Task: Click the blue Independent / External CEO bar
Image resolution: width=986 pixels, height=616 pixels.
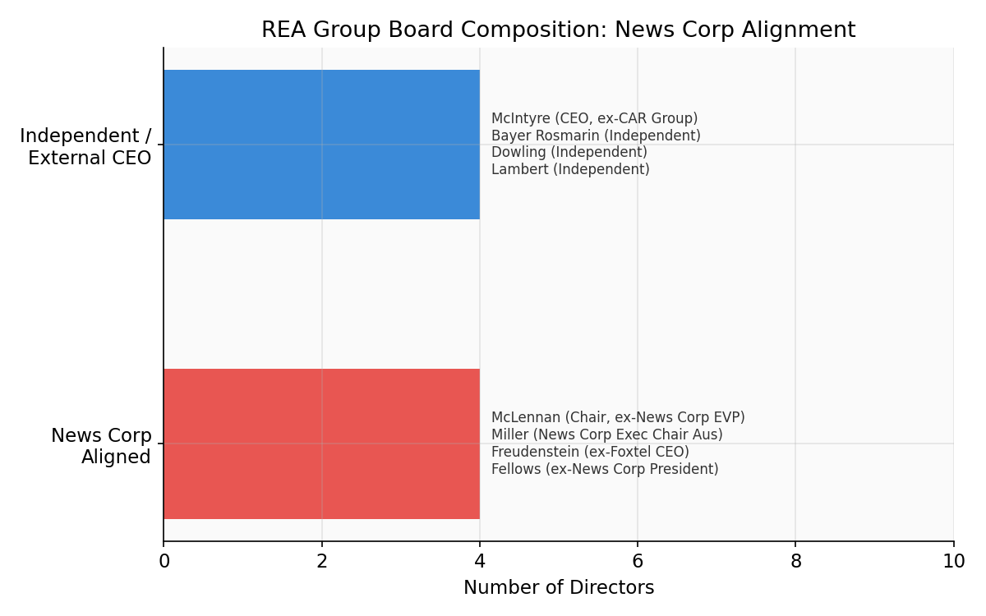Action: click(321, 145)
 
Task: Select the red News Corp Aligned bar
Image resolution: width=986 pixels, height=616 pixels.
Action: click(321, 444)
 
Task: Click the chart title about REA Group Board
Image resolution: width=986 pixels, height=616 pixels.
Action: click(558, 30)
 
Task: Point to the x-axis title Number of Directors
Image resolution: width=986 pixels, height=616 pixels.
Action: click(559, 588)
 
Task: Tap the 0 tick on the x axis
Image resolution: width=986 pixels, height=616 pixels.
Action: click(164, 562)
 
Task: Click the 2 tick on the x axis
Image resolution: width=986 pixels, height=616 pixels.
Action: click(322, 562)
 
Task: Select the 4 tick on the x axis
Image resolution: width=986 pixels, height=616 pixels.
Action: click(480, 562)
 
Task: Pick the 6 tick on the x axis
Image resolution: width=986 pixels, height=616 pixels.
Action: click(638, 562)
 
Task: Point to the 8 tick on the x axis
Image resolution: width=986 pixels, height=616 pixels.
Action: click(795, 562)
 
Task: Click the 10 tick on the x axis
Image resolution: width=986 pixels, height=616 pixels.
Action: click(953, 562)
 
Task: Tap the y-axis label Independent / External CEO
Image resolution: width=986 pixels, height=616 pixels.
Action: click(85, 147)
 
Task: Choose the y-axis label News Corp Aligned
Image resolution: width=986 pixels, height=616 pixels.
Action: click(101, 446)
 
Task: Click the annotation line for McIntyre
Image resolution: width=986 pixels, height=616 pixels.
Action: click(594, 119)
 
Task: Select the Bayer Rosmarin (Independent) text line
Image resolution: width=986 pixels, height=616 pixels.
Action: click(596, 136)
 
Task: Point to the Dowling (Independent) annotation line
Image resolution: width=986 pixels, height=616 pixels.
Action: click(569, 153)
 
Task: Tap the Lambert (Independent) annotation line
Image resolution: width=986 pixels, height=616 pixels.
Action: click(570, 170)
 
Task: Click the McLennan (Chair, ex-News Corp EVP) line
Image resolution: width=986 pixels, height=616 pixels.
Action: click(618, 418)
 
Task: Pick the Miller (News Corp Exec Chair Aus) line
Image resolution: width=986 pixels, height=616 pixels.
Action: click(606, 435)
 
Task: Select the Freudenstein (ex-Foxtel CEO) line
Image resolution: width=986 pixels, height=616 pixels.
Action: click(590, 453)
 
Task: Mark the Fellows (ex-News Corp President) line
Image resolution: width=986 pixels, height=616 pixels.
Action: click(605, 470)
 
